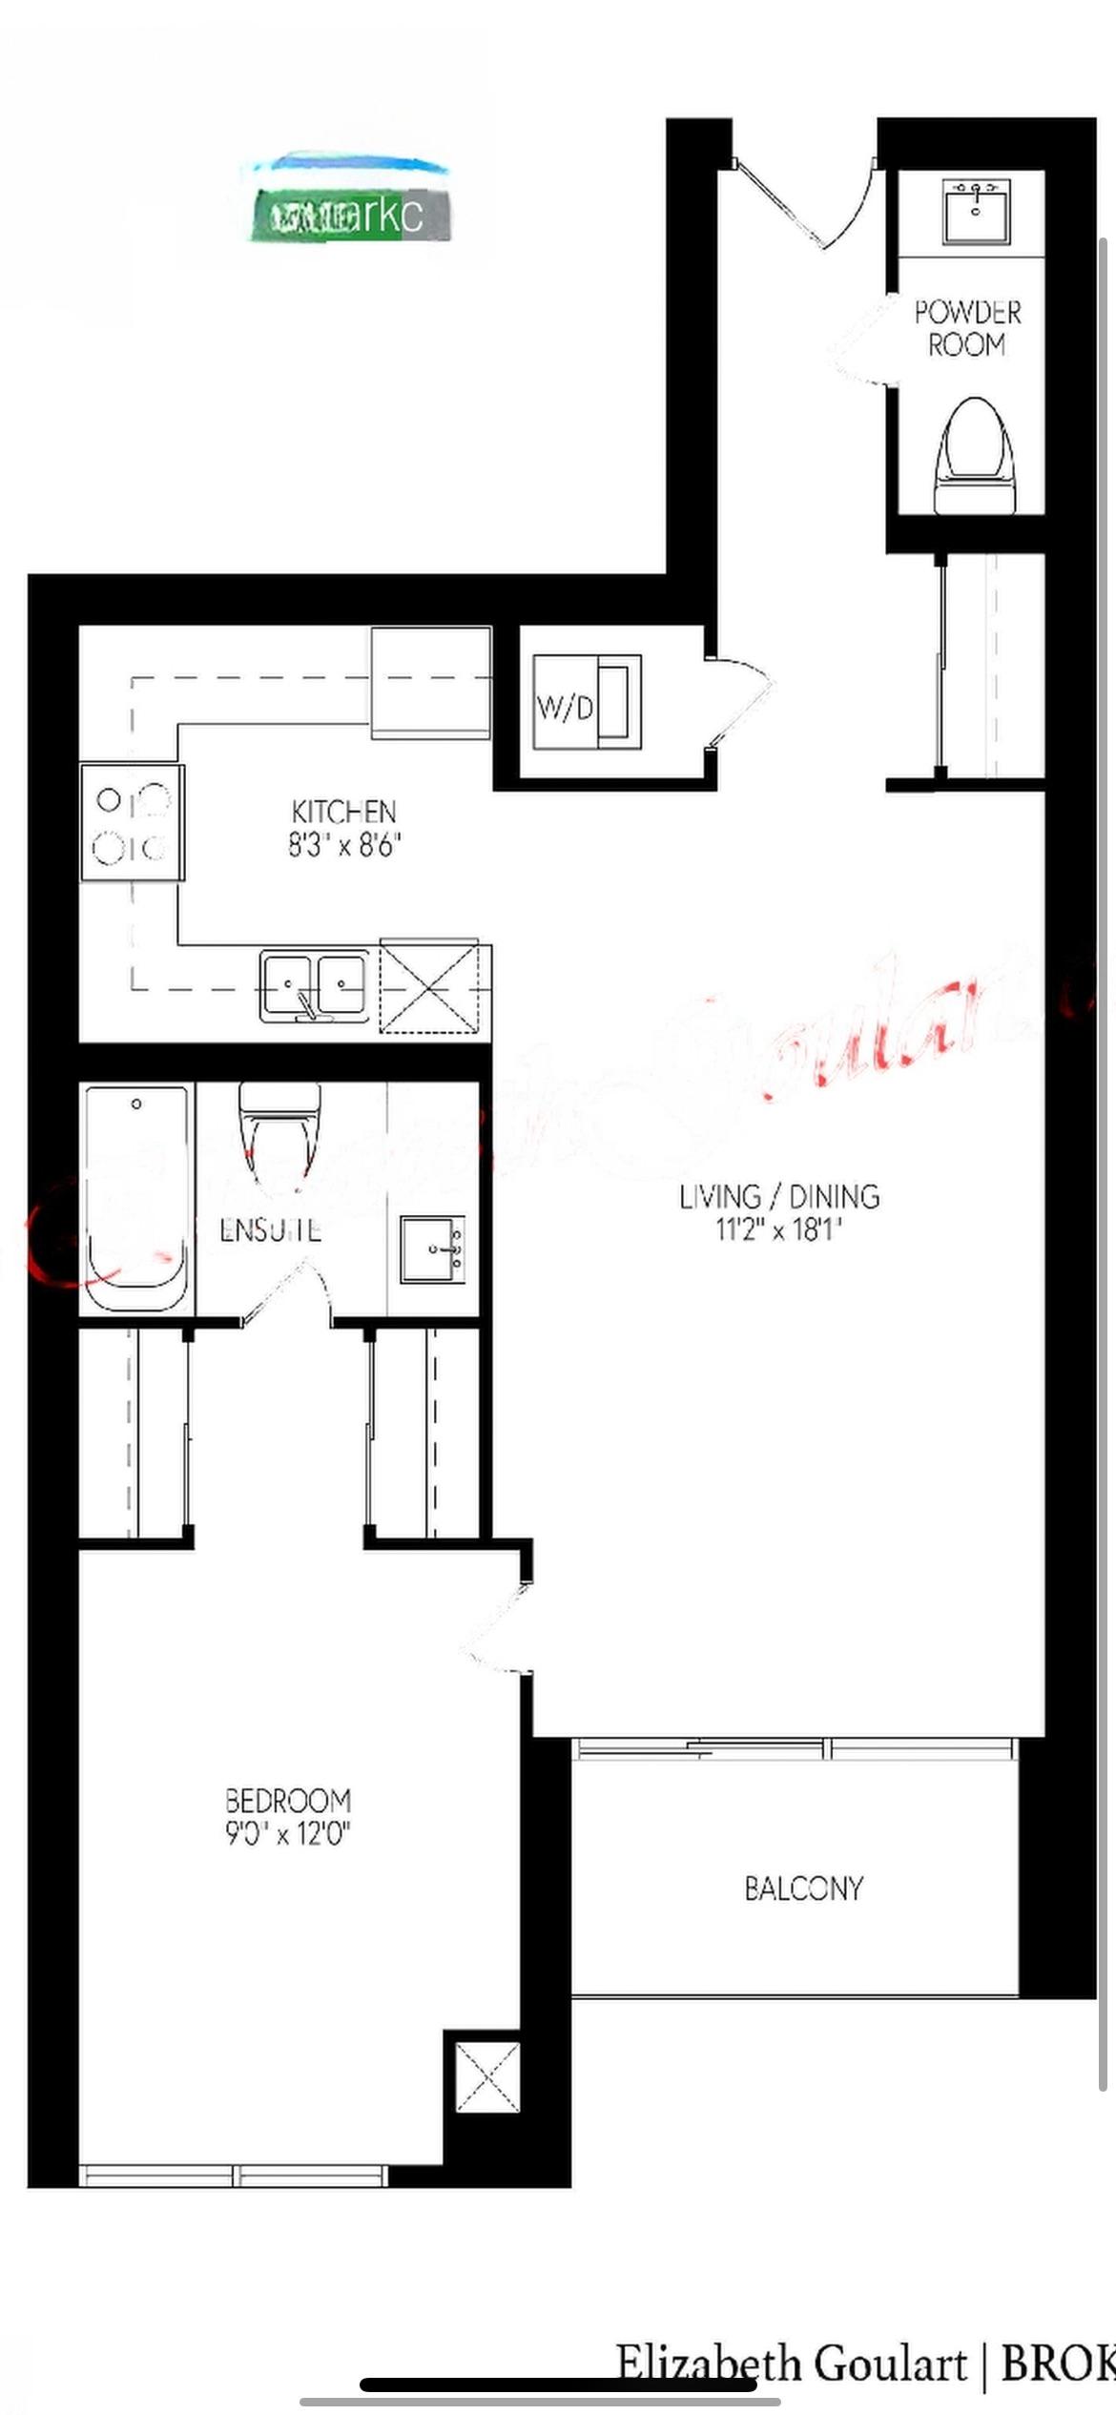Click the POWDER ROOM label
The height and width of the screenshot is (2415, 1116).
tap(967, 328)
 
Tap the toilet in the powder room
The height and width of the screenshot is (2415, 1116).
tap(974, 456)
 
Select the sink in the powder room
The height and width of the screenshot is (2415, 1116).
tap(975, 211)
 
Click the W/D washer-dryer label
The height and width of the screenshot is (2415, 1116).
tap(565, 708)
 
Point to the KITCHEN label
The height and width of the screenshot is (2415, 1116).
tap(343, 812)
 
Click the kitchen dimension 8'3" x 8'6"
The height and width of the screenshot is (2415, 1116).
tap(344, 845)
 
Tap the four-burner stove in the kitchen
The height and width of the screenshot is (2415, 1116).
tap(133, 822)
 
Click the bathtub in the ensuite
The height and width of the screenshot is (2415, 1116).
tap(136, 1197)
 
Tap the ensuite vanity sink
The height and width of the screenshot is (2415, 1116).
tap(432, 1249)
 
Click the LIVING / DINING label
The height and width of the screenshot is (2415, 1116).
tap(779, 1196)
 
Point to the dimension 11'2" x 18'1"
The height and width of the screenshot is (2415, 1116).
tap(779, 1229)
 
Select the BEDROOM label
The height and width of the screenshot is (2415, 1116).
tap(288, 1800)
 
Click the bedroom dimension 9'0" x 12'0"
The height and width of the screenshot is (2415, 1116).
tap(288, 1832)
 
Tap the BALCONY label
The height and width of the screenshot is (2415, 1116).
tap(803, 1888)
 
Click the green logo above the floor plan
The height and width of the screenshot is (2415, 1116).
tap(349, 215)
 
